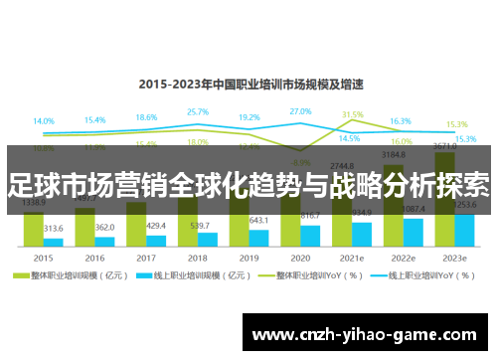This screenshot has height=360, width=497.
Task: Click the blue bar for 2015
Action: [x=54, y=242]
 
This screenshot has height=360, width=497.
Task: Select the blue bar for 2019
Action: [x=259, y=238]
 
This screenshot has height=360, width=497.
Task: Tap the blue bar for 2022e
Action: [x=414, y=232]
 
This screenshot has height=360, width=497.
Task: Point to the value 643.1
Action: [x=259, y=220]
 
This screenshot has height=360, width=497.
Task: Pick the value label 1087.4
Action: [x=414, y=209]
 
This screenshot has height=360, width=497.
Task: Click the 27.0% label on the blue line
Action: [x=300, y=111]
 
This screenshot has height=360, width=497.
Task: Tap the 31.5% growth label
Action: [x=353, y=115]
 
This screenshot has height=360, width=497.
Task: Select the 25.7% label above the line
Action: [x=198, y=112]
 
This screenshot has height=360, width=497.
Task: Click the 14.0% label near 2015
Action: [x=44, y=121]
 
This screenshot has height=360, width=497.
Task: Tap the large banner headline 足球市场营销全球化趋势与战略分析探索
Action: [x=248, y=184]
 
